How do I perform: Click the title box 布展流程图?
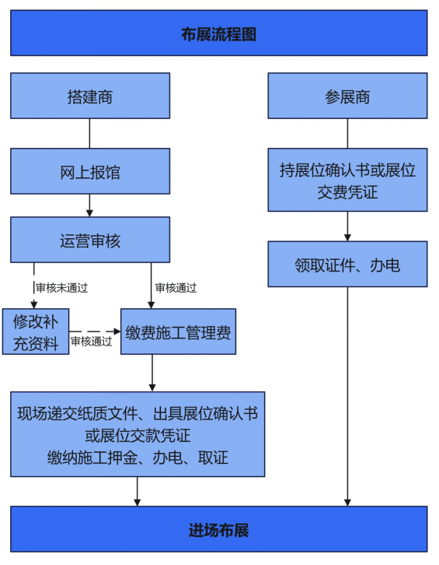pyautogui.click(x=219, y=33)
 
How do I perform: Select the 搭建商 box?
pyautogui.click(x=90, y=96)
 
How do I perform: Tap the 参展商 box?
pyautogui.click(x=347, y=96)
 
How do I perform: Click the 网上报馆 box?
pyautogui.click(x=90, y=171)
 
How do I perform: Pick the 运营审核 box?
pyautogui.click(x=90, y=240)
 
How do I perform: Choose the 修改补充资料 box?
pyautogui.click(x=36, y=332)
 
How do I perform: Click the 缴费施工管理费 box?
pyautogui.click(x=178, y=332)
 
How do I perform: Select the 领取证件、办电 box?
pyautogui.click(x=347, y=264)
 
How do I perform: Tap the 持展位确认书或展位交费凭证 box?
pyautogui.click(x=347, y=180)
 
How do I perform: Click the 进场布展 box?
pyautogui.click(x=219, y=529)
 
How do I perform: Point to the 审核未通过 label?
pyautogui.click(x=62, y=288)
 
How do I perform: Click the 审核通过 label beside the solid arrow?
pyautogui.click(x=176, y=288)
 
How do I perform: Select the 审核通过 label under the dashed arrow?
pyautogui.click(x=92, y=341)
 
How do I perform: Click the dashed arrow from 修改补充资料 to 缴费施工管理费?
pyautogui.click(x=95, y=332)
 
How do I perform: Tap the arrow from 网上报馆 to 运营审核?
pyautogui.click(x=89, y=205)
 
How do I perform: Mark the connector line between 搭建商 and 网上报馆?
pyautogui.click(x=89, y=133)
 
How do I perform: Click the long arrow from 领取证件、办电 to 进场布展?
pyautogui.click(x=347, y=396)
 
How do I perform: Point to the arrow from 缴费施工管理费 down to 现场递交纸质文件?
pyautogui.click(x=152, y=373)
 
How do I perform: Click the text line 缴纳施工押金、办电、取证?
pyautogui.click(x=138, y=458)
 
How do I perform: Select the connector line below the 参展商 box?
pyautogui.click(x=347, y=133)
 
